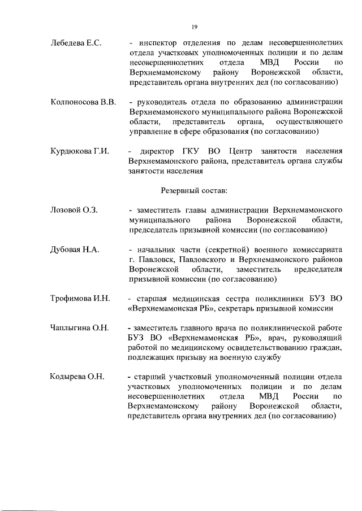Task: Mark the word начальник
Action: pyautogui.click(x=158, y=250)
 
